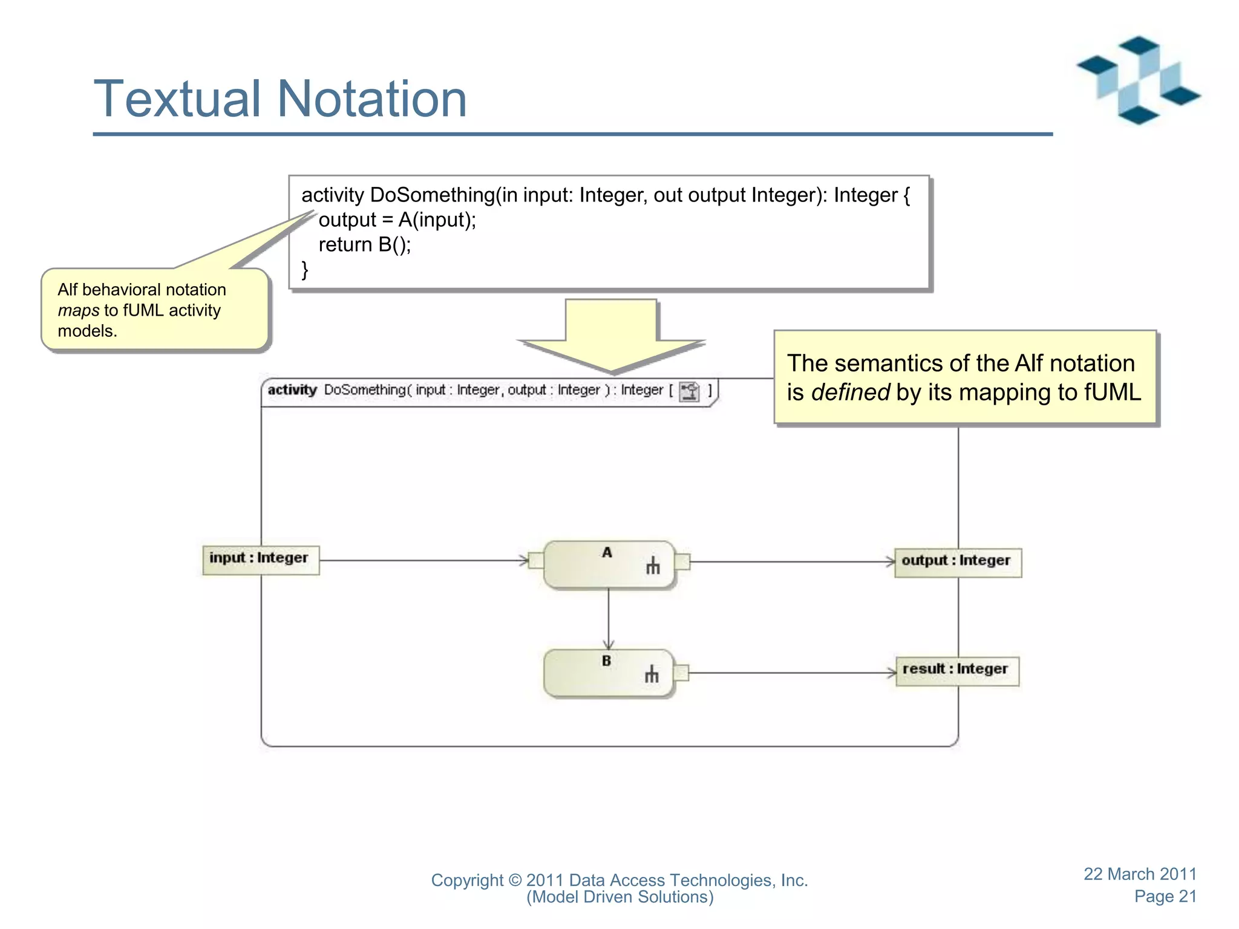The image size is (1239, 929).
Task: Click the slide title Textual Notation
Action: pyautogui.click(x=280, y=99)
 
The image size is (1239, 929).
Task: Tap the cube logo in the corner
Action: pyautogui.click(x=1138, y=80)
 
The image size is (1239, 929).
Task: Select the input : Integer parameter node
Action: pyautogui.click(x=260, y=559)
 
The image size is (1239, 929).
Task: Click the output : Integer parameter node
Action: pyautogui.click(x=957, y=562)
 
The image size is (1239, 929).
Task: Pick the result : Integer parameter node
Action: pyautogui.click(x=956, y=670)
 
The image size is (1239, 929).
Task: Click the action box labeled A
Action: pyautogui.click(x=608, y=565)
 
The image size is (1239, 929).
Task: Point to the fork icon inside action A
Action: pyautogui.click(x=653, y=566)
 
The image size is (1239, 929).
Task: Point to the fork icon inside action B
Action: pyautogui.click(x=652, y=674)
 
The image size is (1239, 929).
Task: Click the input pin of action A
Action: pyautogui.click(x=536, y=560)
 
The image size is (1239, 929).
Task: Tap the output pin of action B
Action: pyautogui.click(x=681, y=672)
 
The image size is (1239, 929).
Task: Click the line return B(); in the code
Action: pyautogui.click(x=365, y=245)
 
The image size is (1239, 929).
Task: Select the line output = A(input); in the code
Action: pyautogui.click(x=397, y=220)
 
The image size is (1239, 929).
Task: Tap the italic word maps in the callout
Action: pyautogui.click(x=78, y=311)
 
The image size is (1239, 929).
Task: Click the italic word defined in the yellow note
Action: pyautogui.click(x=850, y=393)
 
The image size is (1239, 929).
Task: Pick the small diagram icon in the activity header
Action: pyautogui.click(x=689, y=391)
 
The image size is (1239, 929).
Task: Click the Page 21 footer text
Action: pyautogui.click(x=1165, y=896)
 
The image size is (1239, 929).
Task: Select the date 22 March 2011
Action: pyautogui.click(x=1139, y=874)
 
